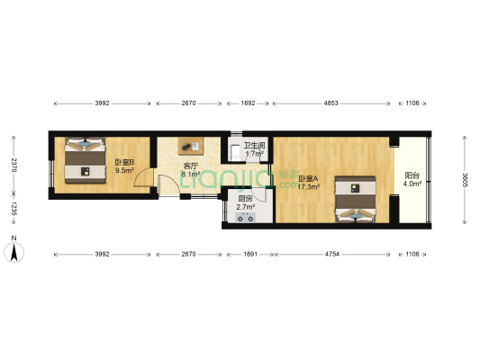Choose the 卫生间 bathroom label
pyautogui.click(x=254, y=149)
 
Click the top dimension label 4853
pyautogui.click(x=331, y=103)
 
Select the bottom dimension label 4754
pyautogui.click(x=331, y=255)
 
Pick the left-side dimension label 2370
pyautogui.click(x=14, y=165)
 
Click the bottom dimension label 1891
pyautogui.click(x=249, y=255)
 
